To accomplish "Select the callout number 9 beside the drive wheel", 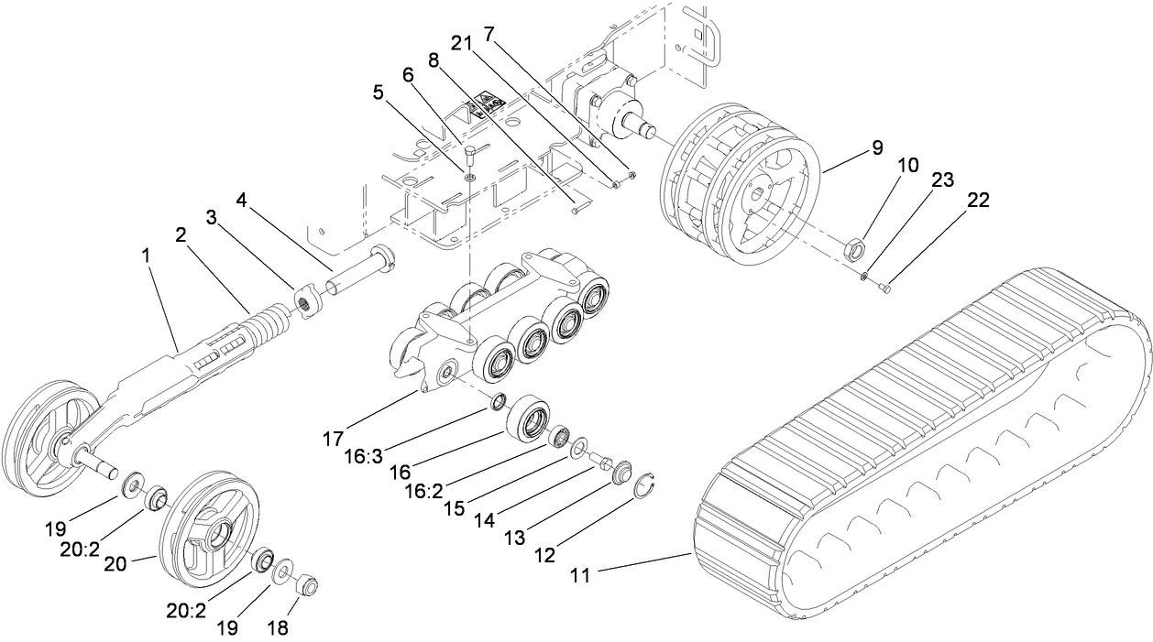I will pos(877,147).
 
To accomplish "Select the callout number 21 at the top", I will pos(460,42).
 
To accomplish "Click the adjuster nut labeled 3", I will pos(306,303).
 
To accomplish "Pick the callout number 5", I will pos(379,92).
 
